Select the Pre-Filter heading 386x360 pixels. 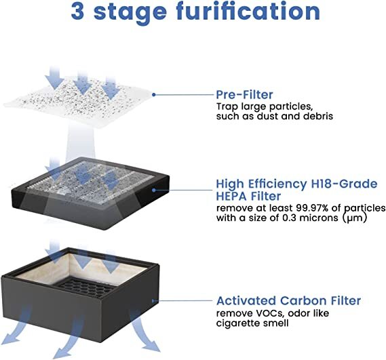(245, 94)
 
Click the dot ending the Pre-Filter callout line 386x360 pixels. (155, 95)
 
